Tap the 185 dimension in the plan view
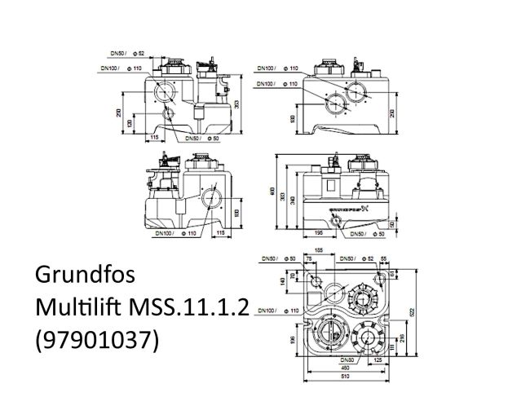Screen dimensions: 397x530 pos(319,249)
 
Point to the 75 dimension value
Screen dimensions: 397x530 pos(309,258)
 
